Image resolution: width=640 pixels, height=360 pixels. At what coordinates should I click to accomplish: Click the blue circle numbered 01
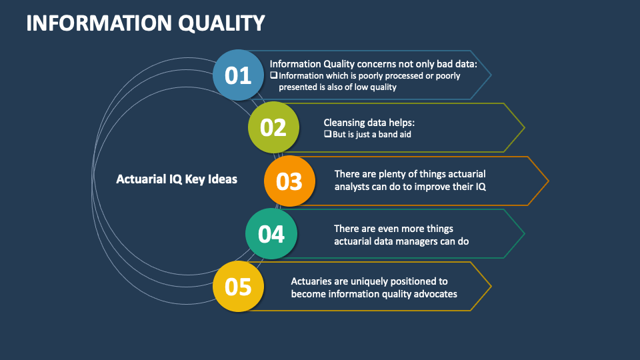coord(238,75)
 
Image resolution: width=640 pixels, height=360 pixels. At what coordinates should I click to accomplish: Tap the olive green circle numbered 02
coord(273,127)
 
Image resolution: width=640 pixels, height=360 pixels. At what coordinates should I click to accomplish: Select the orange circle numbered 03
coord(289,181)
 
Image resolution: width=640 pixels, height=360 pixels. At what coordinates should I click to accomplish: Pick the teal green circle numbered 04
coord(271,234)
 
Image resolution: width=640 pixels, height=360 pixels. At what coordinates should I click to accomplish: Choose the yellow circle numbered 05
coord(238,287)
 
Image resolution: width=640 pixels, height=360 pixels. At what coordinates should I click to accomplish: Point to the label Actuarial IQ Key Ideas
coord(177,179)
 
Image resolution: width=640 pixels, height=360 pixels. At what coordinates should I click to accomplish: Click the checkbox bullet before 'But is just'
coord(327,133)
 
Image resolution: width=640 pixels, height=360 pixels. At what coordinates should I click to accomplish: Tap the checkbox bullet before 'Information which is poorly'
coord(273,75)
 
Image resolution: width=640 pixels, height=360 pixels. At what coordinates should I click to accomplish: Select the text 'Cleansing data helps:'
coord(369,123)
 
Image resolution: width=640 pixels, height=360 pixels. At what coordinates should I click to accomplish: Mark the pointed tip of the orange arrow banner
coord(548,181)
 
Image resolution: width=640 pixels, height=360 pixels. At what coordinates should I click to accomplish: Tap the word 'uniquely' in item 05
coord(367,281)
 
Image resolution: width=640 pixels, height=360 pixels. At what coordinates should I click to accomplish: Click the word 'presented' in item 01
coord(299,87)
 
